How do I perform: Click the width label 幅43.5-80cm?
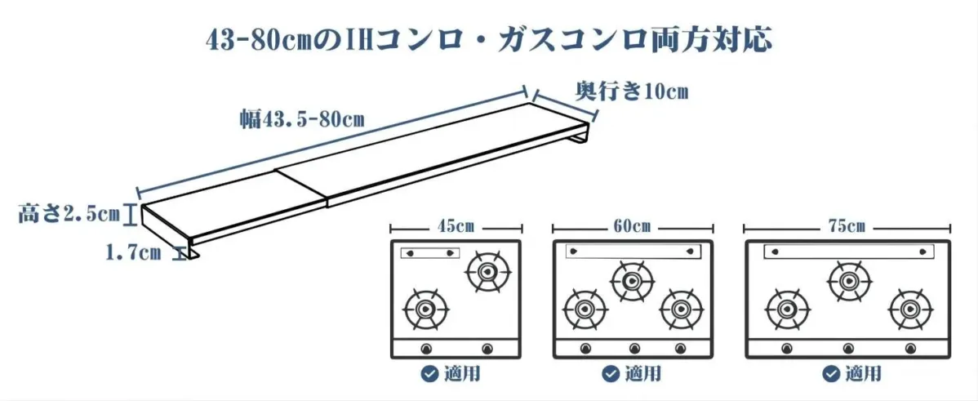click(302, 119)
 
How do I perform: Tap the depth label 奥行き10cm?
click(632, 91)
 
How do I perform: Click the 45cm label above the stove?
click(456, 226)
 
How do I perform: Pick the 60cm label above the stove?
click(633, 226)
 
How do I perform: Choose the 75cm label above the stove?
click(847, 226)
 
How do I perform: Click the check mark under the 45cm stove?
click(429, 374)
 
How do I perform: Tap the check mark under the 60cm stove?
click(610, 374)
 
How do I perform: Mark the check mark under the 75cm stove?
click(831, 374)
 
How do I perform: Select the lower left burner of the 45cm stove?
click(425, 309)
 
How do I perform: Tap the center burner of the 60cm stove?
click(632, 279)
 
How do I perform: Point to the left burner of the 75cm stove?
click(787, 309)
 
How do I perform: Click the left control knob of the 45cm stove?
click(425, 350)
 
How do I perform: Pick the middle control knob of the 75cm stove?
click(848, 350)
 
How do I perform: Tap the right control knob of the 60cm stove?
click(680, 350)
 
